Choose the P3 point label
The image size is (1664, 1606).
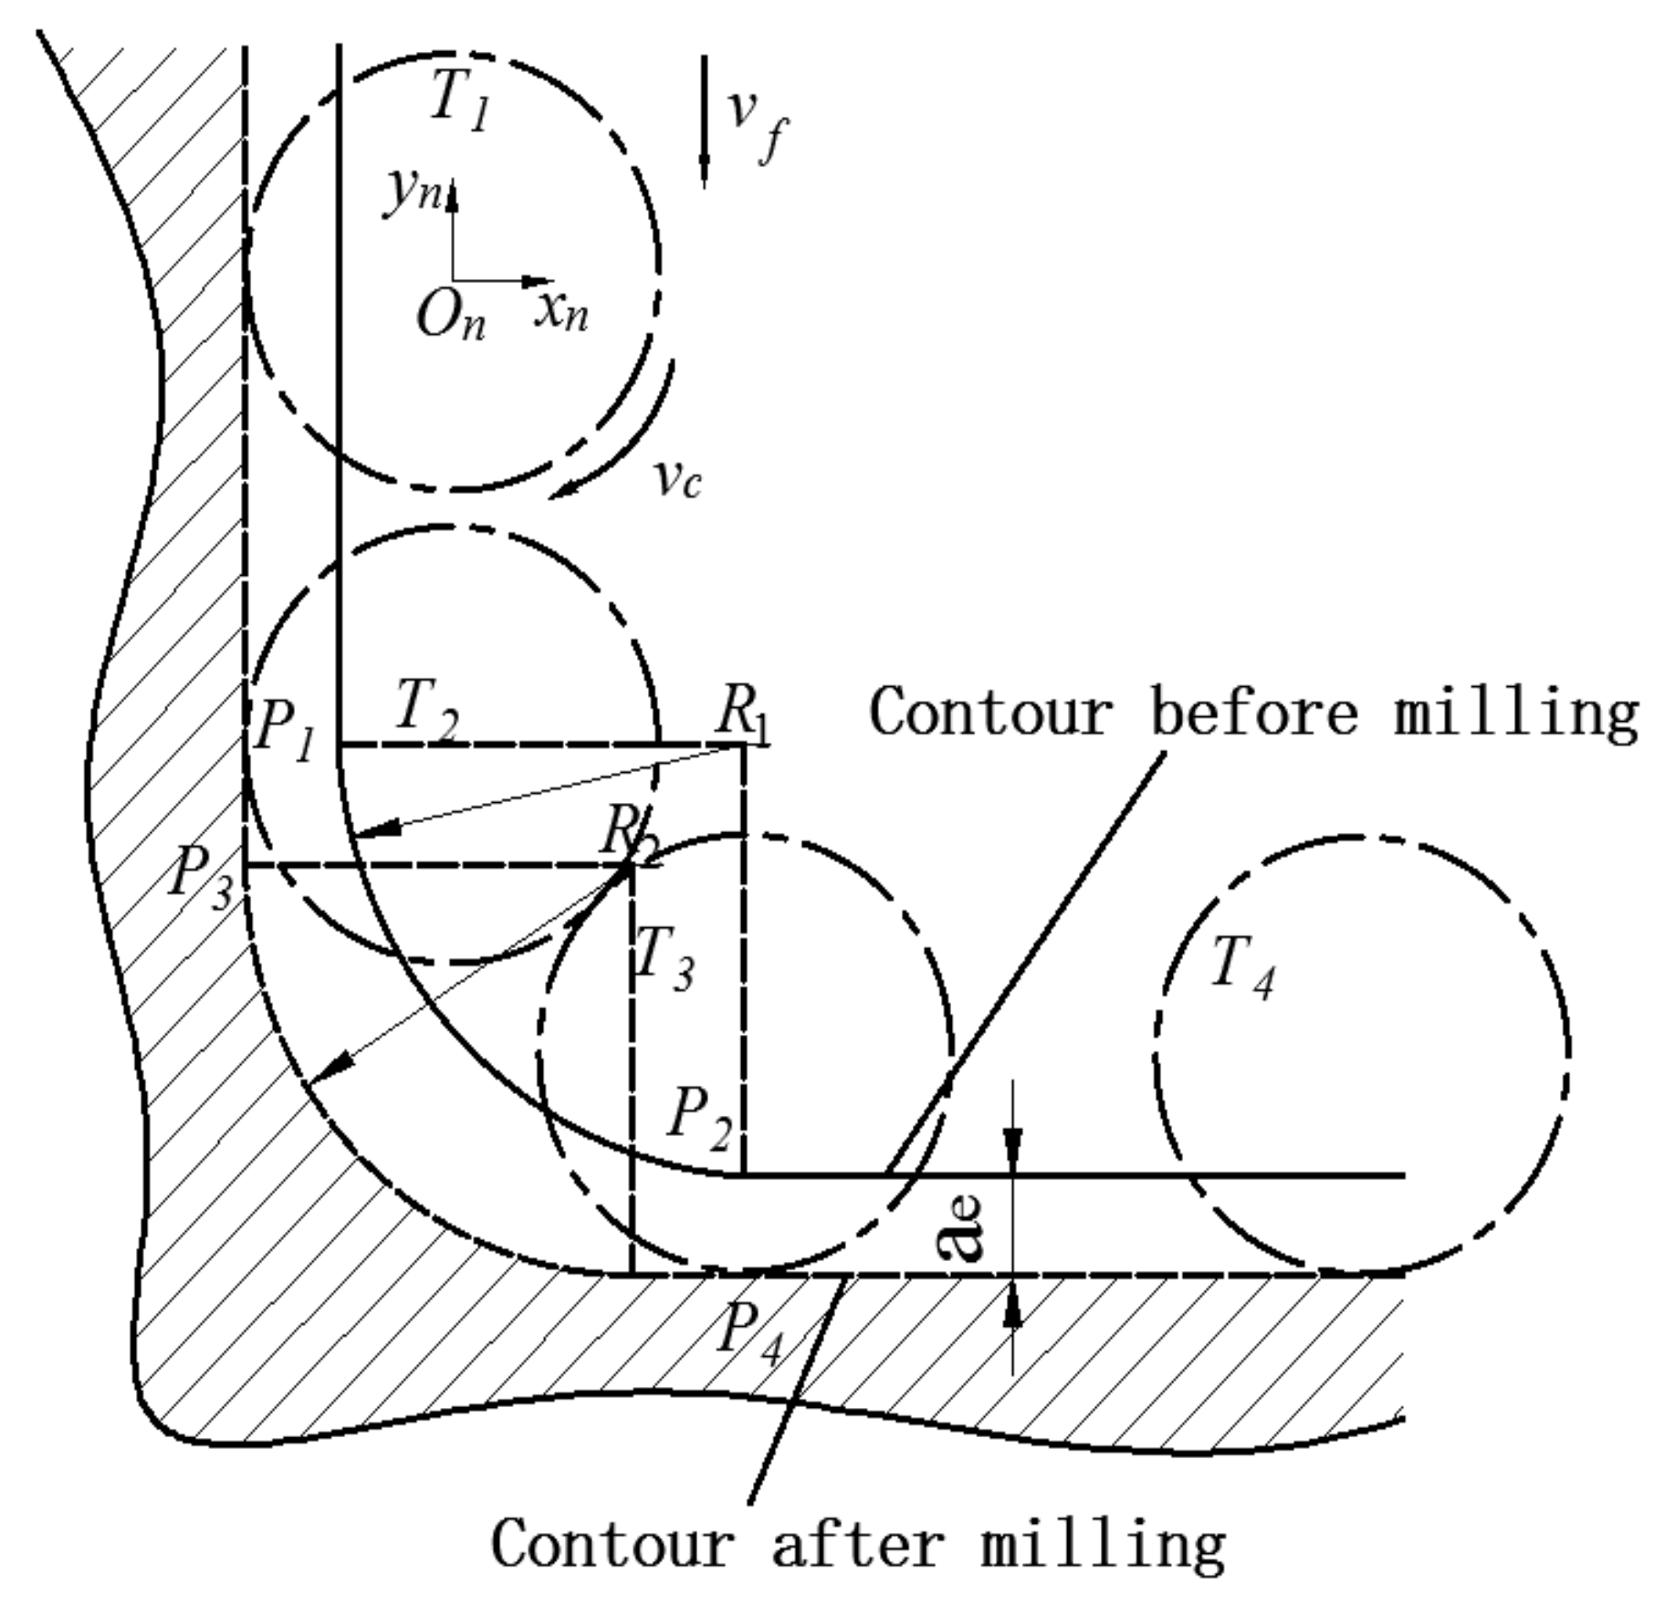[202, 877]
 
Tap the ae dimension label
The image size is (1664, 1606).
[961, 1226]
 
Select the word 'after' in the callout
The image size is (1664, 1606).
[857, 1544]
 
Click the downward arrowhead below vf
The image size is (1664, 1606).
[704, 170]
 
